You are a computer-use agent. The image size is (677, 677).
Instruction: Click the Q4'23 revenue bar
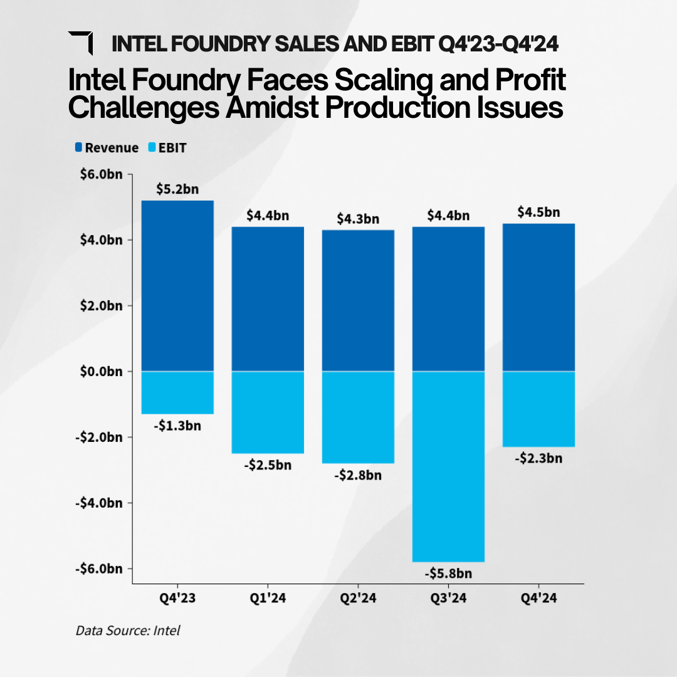click(x=177, y=286)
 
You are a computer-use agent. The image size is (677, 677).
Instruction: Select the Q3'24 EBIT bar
click(x=448, y=466)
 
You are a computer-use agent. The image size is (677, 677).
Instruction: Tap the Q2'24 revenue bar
click(x=358, y=301)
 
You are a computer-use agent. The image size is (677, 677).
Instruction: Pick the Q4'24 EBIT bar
click(x=538, y=409)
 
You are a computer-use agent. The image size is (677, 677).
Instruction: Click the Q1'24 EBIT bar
click(x=268, y=412)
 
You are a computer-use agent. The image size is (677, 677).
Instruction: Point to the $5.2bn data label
click(x=177, y=188)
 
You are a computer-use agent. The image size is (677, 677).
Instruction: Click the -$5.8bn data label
click(x=448, y=574)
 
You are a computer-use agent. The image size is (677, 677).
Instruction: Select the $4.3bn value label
click(x=358, y=219)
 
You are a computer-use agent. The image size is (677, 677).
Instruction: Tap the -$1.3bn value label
click(x=177, y=426)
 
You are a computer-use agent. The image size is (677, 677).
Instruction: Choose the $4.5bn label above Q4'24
click(x=538, y=212)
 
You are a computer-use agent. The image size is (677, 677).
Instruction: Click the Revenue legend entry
click(x=107, y=148)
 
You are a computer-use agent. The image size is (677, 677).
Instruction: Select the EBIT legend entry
click(x=167, y=148)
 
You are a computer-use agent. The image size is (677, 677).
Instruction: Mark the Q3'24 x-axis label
click(x=448, y=599)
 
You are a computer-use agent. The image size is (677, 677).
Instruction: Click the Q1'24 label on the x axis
click(x=268, y=599)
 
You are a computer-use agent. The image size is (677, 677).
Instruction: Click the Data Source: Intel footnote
click(x=128, y=630)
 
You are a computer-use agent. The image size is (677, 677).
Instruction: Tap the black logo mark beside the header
click(x=81, y=42)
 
